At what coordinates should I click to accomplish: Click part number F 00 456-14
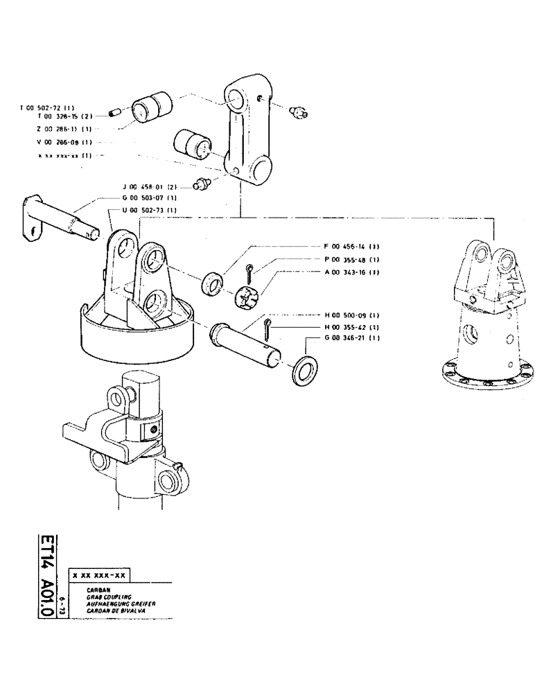[351, 247]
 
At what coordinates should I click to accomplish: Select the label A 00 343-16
[351, 272]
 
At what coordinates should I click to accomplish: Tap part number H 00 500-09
[351, 314]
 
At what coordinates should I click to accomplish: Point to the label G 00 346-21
[351, 338]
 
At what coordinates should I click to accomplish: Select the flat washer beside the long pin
[304, 371]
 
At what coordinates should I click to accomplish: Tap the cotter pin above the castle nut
[250, 271]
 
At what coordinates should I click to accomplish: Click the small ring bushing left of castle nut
[211, 284]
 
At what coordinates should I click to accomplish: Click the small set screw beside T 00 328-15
[116, 110]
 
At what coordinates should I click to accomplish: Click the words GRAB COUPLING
[101, 597]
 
